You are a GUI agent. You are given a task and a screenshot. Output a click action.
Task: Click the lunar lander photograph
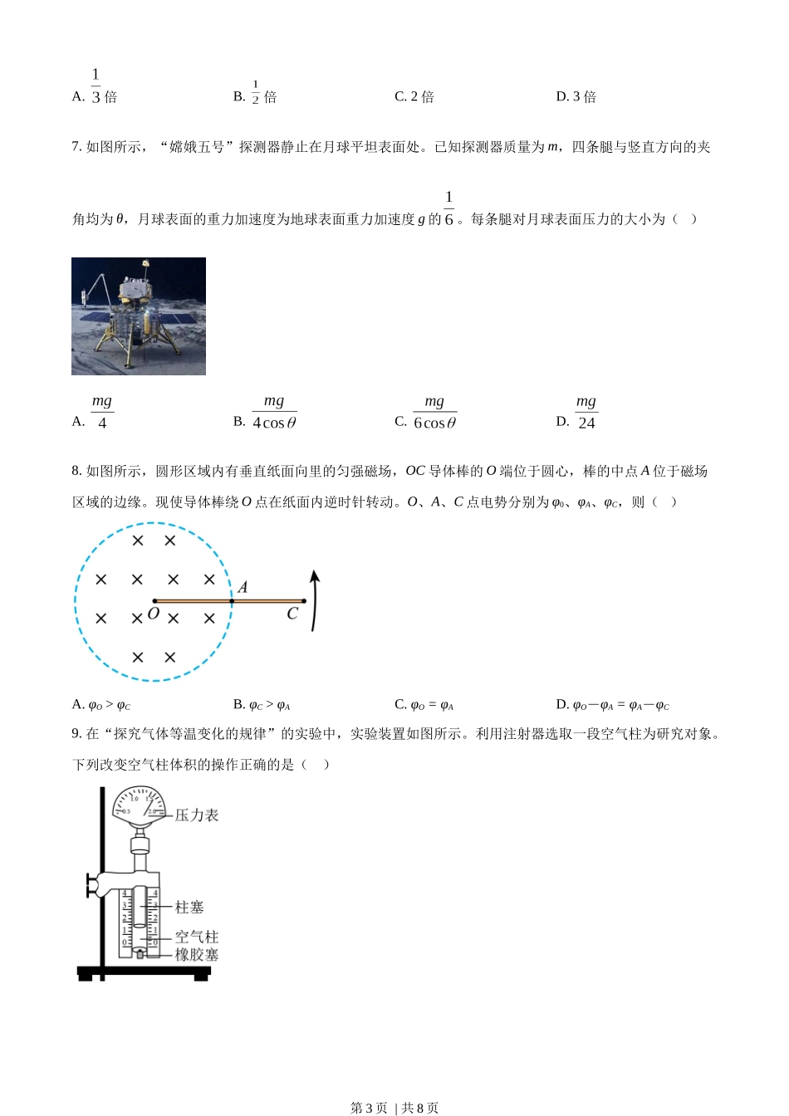[139, 316]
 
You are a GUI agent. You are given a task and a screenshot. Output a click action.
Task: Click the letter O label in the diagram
[153, 614]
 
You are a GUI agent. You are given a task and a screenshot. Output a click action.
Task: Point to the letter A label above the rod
[243, 587]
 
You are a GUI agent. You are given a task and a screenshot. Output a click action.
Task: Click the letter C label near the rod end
[292, 614]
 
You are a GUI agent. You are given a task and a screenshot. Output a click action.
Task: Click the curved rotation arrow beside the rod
[314, 600]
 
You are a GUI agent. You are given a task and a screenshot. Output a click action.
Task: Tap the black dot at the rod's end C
[304, 600]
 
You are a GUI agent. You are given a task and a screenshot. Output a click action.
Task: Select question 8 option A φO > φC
[101, 705]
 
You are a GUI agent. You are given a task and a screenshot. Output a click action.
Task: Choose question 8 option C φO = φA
[424, 705]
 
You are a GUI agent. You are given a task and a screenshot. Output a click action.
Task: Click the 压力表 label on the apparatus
[197, 815]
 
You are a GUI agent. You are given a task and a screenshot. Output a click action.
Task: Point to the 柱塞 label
[189, 908]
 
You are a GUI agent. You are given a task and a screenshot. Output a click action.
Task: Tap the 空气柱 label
[197, 937]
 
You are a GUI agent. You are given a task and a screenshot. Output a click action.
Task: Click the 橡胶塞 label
[197, 955]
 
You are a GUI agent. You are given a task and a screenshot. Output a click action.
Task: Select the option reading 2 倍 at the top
[414, 97]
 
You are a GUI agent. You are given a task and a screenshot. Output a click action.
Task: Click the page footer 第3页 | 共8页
[394, 1108]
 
